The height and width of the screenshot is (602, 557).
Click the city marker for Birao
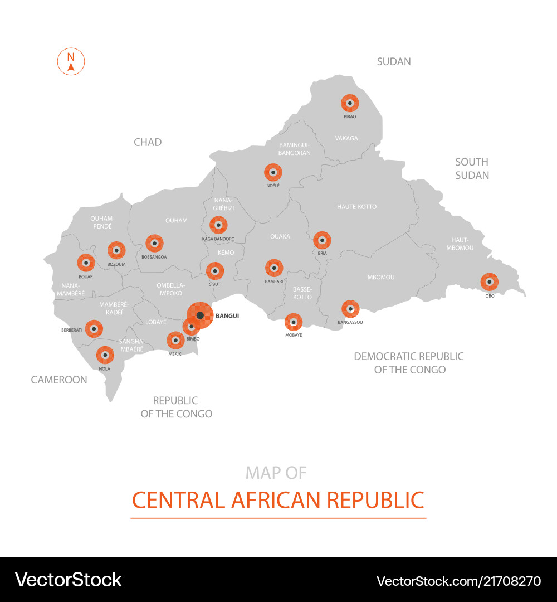point(350,103)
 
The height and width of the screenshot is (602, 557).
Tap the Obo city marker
point(489,282)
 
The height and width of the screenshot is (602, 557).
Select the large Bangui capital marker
point(200,315)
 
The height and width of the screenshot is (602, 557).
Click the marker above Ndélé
point(273,172)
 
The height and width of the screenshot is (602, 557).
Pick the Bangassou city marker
point(350,309)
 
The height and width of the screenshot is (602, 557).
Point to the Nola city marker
point(105,355)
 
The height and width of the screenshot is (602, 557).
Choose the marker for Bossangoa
point(154,244)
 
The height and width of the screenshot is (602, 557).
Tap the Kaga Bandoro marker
point(218,225)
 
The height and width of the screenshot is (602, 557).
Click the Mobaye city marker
point(294,322)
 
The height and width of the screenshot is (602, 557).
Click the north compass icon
point(71,62)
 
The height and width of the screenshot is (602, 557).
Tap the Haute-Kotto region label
point(356,207)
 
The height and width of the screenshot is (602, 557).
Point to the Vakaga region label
point(346,138)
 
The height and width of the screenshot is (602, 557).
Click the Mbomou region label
point(381,277)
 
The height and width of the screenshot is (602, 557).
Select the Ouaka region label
point(280,236)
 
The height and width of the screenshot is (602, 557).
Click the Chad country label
point(148,142)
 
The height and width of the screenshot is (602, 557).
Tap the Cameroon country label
point(59,380)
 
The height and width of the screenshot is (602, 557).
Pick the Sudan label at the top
point(394,61)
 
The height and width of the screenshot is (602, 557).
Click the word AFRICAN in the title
point(277,500)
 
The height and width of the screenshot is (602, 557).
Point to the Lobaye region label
point(156,322)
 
